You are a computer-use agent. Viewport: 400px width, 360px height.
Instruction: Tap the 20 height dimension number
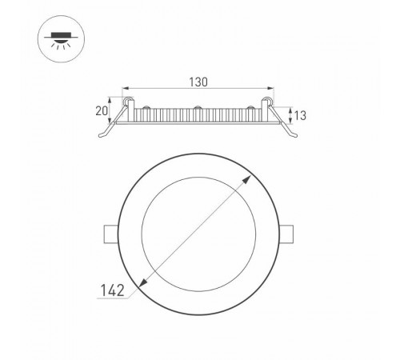[x=102, y=110]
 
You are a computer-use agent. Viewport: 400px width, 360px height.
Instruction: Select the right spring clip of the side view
[x=286, y=125]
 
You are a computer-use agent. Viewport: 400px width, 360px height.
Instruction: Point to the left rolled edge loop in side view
[x=126, y=102]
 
